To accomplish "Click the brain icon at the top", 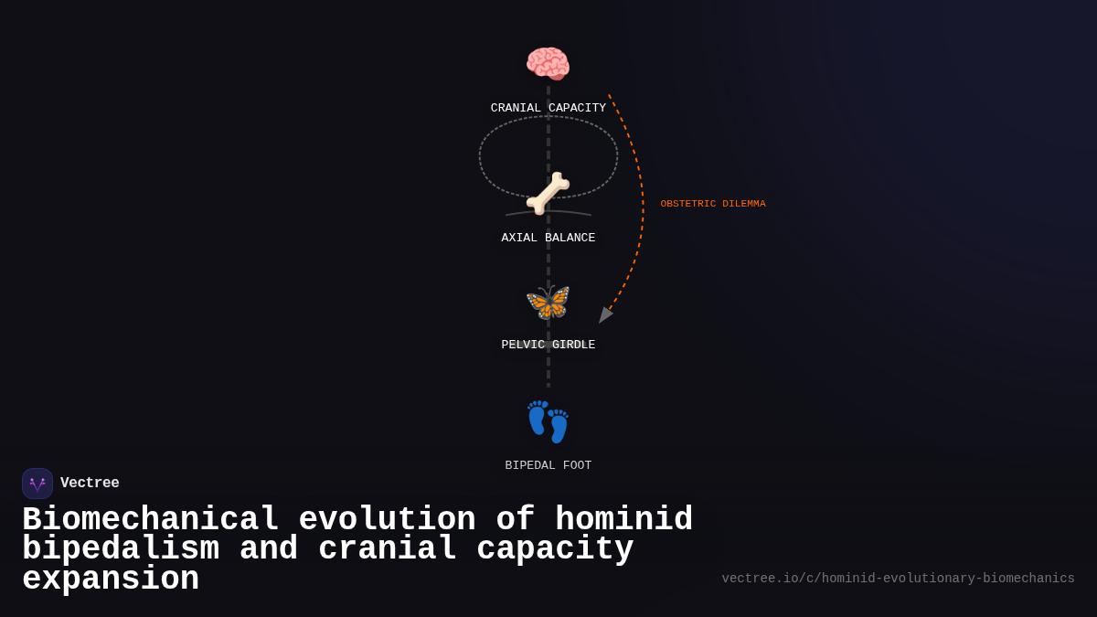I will (548, 64).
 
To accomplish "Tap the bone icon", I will (548, 193).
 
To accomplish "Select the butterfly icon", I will (548, 302).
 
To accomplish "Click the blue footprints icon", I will (548, 421).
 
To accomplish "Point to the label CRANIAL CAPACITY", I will (548, 108).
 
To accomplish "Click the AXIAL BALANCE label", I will (548, 238).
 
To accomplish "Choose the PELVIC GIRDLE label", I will (548, 345).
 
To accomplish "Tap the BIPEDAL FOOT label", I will (548, 465).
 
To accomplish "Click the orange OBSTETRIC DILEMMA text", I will (713, 204).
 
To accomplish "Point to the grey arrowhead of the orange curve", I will (604, 315).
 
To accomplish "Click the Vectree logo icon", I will (37, 484).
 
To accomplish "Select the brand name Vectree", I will (90, 484).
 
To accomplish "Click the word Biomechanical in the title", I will (150, 520).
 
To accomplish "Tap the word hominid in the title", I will (623, 520).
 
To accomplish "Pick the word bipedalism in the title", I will (121, 549).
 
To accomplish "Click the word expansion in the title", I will (111, 580).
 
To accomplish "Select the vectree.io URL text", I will (898, 579).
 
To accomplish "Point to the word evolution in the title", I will (387, 520).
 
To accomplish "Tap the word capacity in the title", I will (555, 549).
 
